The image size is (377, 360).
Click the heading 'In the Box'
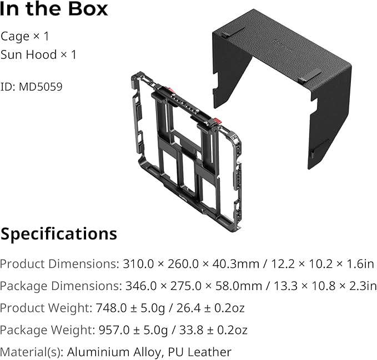pos(54,10)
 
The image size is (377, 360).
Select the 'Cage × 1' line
pos(25,37)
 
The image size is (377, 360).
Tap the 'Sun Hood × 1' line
pos(38,55)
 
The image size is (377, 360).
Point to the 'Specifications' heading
pos(59,234)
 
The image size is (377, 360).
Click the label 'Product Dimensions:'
pos(58,264)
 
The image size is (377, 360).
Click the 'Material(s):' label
pos(31,352)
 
